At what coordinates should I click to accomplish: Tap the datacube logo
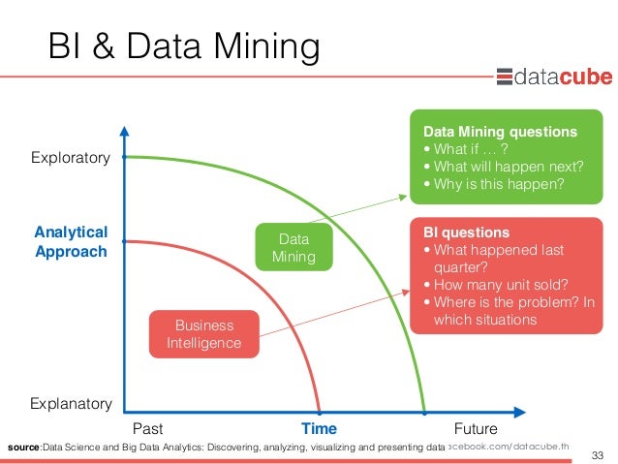551,77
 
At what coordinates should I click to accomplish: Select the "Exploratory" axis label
71,158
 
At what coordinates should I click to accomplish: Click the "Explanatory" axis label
71,403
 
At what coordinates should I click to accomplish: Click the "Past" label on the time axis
147,428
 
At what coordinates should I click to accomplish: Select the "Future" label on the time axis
475,428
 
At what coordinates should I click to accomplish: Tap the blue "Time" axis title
319,428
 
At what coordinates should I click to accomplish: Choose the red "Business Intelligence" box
204,332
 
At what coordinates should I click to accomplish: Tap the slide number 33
596,454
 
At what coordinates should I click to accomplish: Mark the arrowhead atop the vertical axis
124,131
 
